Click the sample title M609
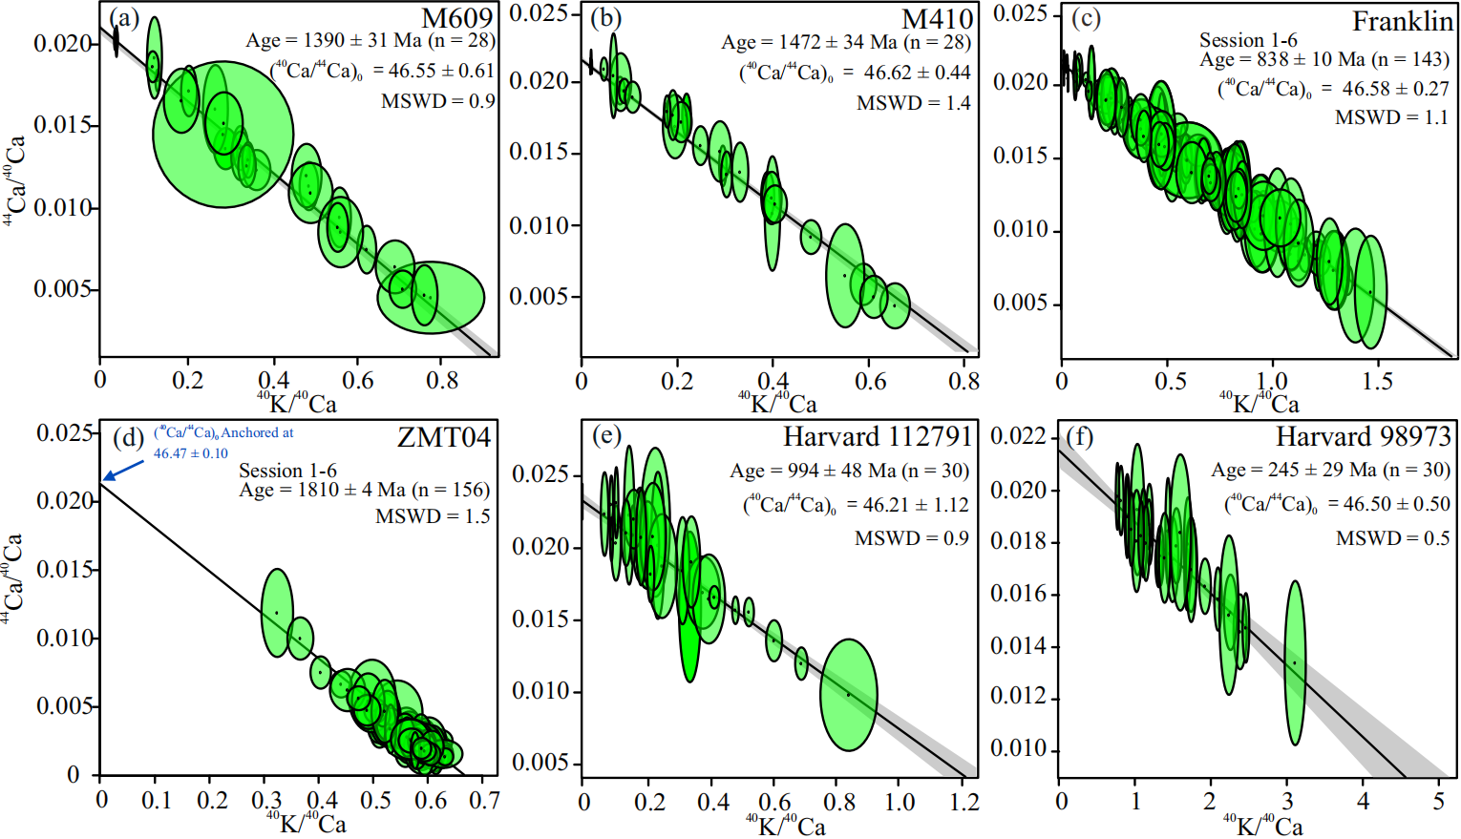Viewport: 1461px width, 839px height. click(457, 17)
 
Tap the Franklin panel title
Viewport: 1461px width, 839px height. click(1402, 21)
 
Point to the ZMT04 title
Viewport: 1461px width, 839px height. click(444, 437)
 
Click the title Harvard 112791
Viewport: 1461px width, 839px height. click(877, 437)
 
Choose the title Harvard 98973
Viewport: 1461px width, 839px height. click(1363, 437)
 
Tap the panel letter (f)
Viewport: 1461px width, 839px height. click(1079, 436)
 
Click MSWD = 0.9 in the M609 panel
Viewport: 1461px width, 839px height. click(437, 101)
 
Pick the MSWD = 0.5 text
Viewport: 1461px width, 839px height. click(1392, 538)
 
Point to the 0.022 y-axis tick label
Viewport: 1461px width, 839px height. click(1018, 437)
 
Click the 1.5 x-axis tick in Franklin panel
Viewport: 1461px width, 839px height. click(1377, 382)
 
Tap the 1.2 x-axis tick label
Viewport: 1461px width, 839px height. click(964, 802)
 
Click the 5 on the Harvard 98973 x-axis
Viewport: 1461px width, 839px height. click(1438, 802)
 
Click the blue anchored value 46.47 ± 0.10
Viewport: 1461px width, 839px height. click(191, 453)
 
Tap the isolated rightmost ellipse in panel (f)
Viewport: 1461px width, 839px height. click(1294, 662)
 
